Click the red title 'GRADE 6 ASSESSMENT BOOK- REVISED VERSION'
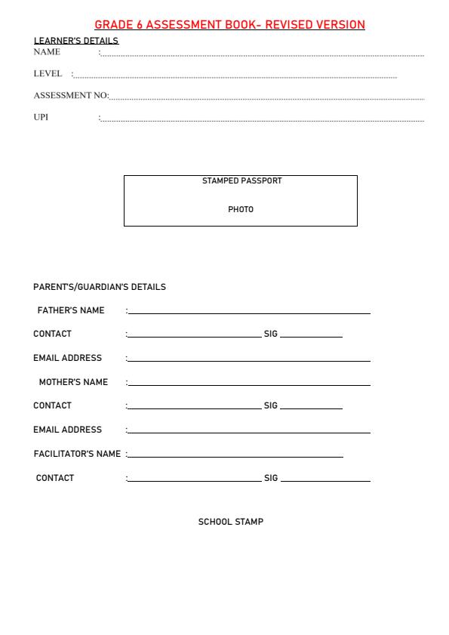click(229, 25)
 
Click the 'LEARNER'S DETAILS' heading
click(75, 41)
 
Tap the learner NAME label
click(47, 52)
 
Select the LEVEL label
click(48, 74)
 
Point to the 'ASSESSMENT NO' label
click(70, 96)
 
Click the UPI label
click(41, 117)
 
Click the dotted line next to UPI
click(262, 120)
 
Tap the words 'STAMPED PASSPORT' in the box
click(241, 181)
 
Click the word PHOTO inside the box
click(241, 209)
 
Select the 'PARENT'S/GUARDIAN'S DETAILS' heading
click(100, 287)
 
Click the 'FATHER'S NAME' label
click(71, 310)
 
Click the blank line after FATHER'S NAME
click(249, 313)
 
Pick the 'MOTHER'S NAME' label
click(73, 382)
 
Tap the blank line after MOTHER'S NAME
click(249, 384)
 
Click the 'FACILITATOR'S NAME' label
click(77, 454)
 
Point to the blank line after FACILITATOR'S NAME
click(235, 456)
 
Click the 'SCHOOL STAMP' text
click(231, 522)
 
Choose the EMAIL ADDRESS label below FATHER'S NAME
click(67, 358)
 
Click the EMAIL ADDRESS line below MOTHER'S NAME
click(249, 432)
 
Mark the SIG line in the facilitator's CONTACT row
click(324, 480)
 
